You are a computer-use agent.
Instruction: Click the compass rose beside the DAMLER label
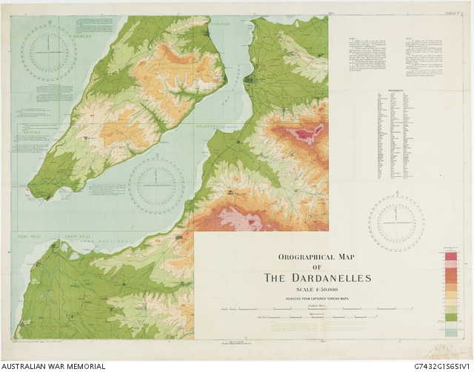click(x=49, y=53)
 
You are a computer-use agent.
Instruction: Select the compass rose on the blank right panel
click(x=396, y=223)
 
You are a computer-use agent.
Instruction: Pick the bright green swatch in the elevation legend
click(x=451, y=318)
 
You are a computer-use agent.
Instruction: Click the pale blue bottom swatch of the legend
click(x=451, y=333)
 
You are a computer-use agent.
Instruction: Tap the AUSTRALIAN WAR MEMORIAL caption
click(x=53, y=366)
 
